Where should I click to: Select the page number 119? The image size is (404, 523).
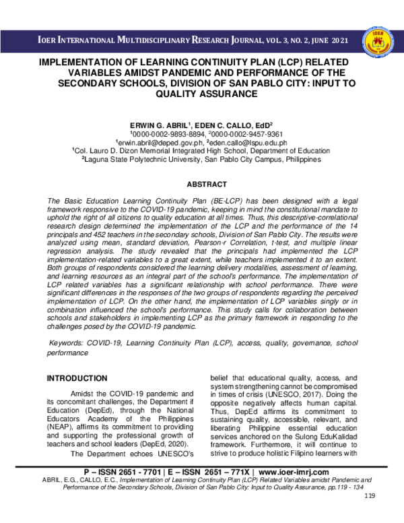coord(369,516)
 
